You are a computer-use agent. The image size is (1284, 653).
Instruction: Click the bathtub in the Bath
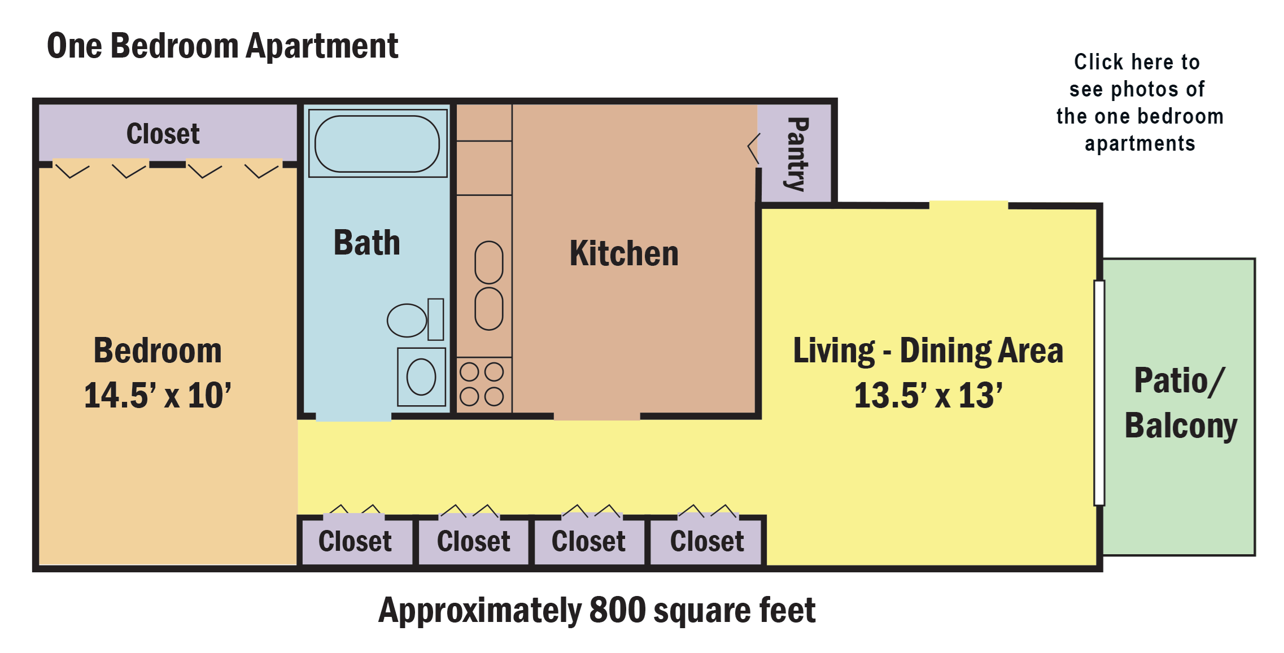(377, 144)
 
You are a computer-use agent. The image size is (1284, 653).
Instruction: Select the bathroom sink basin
(421, 377)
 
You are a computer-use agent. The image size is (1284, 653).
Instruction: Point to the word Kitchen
(624, 253)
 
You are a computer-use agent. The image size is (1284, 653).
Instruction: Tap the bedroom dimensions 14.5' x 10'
(158, 395)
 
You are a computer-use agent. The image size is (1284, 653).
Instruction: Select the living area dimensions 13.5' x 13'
(928, 395)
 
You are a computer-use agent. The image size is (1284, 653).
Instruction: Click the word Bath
(367, 243)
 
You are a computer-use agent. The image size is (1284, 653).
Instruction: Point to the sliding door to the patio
(1099, 392)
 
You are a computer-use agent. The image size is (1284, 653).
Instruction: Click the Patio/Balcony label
(1180, 402)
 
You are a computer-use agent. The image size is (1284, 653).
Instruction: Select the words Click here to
(1137, 62)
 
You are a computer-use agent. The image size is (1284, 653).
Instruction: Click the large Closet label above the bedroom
(163, 134)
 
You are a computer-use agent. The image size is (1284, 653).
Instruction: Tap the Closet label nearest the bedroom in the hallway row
(355, 541)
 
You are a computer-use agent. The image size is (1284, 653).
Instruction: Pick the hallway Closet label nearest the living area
(707, 541)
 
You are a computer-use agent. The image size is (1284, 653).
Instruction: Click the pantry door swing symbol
(754, 149)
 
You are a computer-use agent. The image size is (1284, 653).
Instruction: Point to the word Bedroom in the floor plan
(158, 350)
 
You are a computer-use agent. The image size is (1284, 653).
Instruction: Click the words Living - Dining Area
(928, 350)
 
